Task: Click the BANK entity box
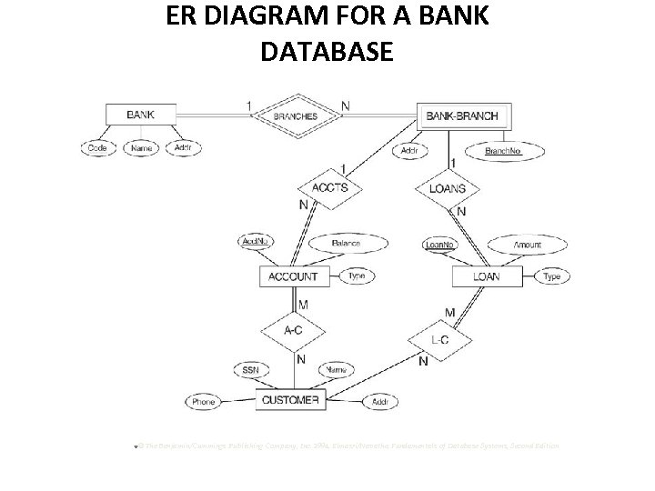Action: tap(140, 115)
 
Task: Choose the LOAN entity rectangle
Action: tap(486, 276)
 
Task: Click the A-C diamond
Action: tap(293, 331)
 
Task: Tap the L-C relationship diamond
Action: tap(438, 340)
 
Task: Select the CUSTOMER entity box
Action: tap(290, 400)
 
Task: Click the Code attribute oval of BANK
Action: tap(97, 148)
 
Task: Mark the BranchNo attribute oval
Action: tap(503, 151)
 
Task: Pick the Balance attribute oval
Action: tap(345, 243)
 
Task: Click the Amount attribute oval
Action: tap(527, 244)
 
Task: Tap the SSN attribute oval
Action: tap(250, 370)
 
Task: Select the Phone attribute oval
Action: tap(204, 401)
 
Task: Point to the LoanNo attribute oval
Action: tap(440, 244)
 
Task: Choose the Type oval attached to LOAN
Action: tap(551, 276)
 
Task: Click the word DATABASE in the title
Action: tap(327, 52)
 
